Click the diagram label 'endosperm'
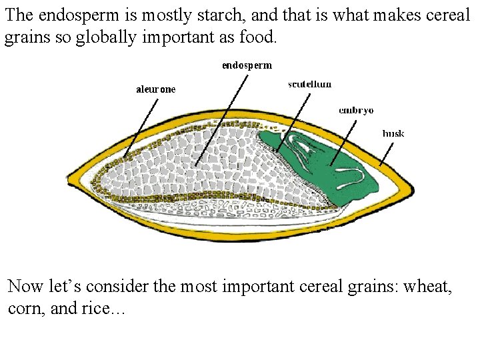(x=247, y=65)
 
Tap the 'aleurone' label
(x=155, y=89)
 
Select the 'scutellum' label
(x=309, y=84)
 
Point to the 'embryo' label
(x=355, y=110)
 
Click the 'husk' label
(x=393, y=133)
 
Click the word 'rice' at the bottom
(x=93, y=310)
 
